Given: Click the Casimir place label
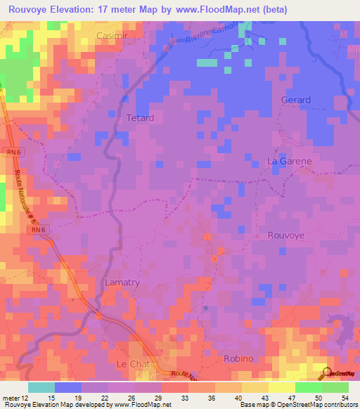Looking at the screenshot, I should click(x=113, y=35).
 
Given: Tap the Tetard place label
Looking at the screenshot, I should click(x=139, y=118).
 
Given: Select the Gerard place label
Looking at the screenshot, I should click(x=295, y=100).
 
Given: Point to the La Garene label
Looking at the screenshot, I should click(x=289, y=161).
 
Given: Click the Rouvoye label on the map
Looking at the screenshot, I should click(x=286, y=236).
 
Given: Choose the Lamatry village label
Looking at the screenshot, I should click(x=122, y=282).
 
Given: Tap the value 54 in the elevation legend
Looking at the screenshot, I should click(x=344, y=399).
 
